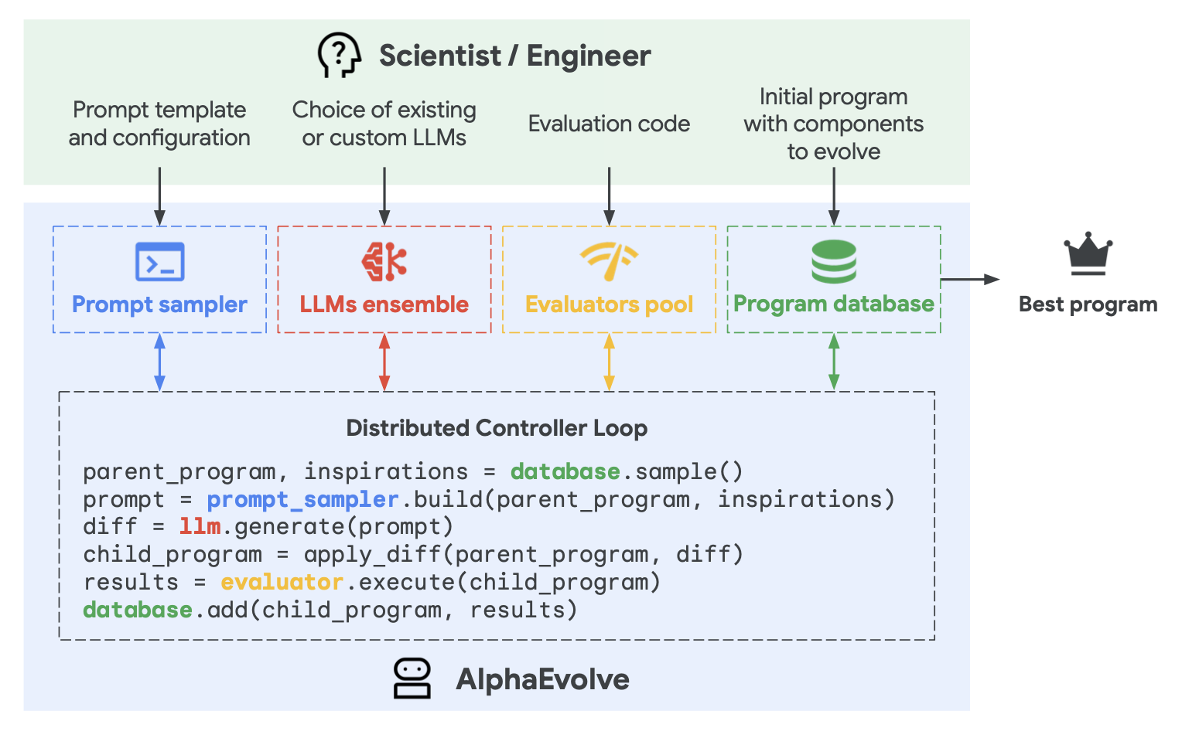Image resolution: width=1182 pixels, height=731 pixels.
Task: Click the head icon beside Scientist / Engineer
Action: point(340,55)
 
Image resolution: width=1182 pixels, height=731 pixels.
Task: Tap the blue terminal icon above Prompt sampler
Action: point(160,261)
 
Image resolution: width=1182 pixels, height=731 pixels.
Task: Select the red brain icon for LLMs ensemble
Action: point(384,261)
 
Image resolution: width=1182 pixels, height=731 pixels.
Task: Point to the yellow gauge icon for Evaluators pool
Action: point(609,261)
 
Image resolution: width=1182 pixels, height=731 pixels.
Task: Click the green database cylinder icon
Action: point(834,261)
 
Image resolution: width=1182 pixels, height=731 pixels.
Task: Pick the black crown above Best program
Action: point(1088,253)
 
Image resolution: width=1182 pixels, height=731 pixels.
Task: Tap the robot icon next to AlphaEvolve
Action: point(412,678)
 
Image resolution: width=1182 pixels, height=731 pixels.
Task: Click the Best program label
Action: point(1088,304)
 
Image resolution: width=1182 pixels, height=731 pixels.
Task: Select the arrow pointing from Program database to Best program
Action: point(970,279)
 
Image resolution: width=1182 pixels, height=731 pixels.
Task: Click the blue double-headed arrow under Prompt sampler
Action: point(160,362)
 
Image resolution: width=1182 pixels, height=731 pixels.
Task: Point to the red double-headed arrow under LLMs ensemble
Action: point(384,362)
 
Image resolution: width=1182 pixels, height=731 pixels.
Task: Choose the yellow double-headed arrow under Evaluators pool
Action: point(609,362)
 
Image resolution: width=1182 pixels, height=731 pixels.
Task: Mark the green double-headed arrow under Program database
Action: point(834,362)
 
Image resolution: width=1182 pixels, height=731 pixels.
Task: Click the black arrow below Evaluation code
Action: point(609,196)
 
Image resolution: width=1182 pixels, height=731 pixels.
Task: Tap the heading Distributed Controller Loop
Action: point(497,429)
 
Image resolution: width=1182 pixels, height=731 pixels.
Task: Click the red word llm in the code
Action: point(200,526)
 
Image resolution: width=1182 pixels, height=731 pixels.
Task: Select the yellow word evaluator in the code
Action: point(282,582)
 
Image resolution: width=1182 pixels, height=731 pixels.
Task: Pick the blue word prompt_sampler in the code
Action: point(303,500)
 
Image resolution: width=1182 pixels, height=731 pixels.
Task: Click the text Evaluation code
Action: point(609,124)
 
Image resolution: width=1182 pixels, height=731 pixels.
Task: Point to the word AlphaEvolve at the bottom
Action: point(542,678)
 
